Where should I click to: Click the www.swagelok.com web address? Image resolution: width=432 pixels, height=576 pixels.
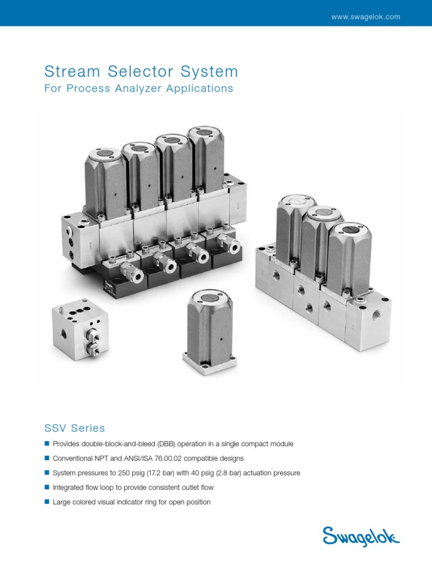tap(366, 17)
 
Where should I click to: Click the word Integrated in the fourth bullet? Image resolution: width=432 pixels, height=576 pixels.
tap(69, 488)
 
